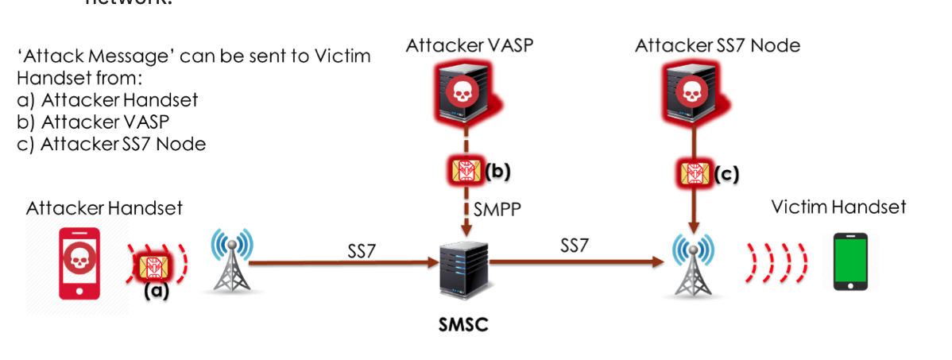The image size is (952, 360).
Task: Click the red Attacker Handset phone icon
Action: coord(79,264)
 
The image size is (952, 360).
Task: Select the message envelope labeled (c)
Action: coord(694,172)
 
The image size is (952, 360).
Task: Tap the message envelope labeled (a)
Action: coord(156,265)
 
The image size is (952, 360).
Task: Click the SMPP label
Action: coord(497,211)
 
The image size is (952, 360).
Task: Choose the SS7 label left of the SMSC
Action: coord(361,250)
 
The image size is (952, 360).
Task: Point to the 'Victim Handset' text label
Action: coord(838,207)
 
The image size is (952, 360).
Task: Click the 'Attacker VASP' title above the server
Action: coord(469,46)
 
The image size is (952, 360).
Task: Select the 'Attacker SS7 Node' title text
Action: coord(718,46)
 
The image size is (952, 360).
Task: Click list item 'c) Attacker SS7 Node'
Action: coord(111,144)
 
